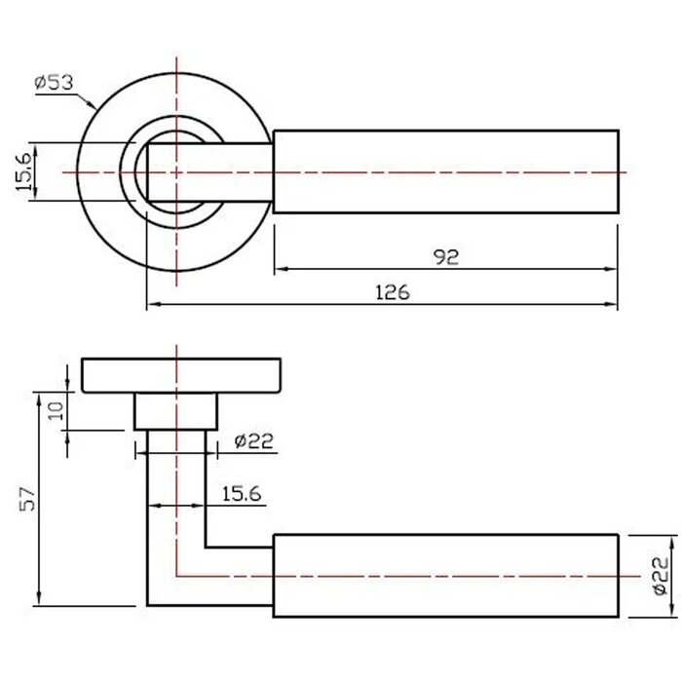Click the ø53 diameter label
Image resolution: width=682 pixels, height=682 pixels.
point(55,82)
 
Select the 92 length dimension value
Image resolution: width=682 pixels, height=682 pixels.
point(446,257)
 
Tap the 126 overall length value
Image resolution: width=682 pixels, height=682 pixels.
point(393,292)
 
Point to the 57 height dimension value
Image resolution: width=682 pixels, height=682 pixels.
point(27,499)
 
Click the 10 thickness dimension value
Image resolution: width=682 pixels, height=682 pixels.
point(57,410)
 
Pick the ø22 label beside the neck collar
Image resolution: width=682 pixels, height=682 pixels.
point(254,441)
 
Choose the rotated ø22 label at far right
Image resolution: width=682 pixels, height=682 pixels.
point(661,576)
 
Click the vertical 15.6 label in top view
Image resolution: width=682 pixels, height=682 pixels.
point(24,171)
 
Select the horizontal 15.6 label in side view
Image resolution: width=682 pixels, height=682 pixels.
point(242,494)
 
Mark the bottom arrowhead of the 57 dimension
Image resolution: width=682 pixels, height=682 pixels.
point(39,598)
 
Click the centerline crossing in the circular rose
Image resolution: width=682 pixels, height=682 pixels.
point(176,172)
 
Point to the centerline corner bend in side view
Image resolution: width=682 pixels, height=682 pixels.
point(176,577)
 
